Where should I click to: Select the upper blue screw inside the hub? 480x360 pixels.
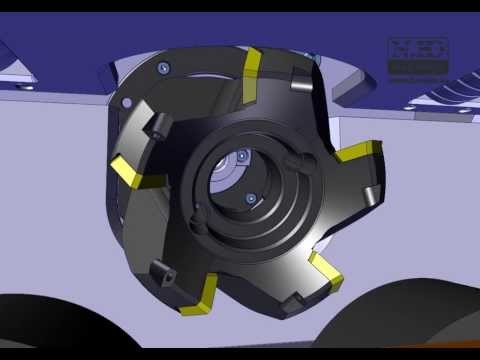click(x=243, y=157)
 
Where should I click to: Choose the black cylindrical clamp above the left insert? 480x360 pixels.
click(x=157, y=127)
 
